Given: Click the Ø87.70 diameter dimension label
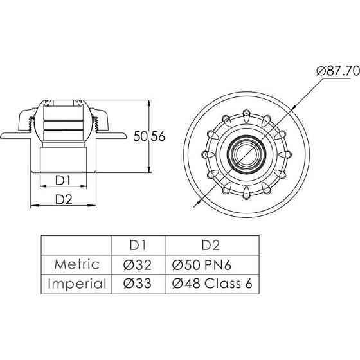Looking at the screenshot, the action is (x=338, y=71).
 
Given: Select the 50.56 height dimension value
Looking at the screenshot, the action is (x=149, y=136).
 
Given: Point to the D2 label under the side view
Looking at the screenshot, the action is (x=64, y=199).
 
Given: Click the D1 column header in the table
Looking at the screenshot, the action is (x=138, y=245).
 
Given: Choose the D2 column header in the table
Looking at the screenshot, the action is (x=211, y=245).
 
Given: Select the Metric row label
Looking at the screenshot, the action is (x=77, y=264).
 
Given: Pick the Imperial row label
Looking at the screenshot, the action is (x=77, y=283).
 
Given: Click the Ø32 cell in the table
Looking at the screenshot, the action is (x=138, y=265).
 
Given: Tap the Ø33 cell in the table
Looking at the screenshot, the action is (x=138, y=283).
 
